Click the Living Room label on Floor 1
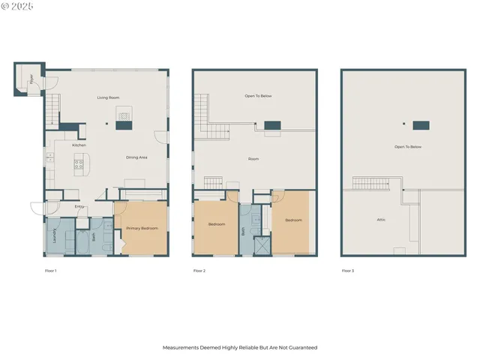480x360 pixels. (109, 97)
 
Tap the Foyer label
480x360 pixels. (31, 79)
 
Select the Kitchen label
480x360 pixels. (79, 145)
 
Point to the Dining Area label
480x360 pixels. (136, 157)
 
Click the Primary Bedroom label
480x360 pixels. (142, 228)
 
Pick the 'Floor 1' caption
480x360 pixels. (50, 270)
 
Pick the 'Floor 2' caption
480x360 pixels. (199, 270)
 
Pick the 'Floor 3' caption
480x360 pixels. (347, 270)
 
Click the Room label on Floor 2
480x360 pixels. (253, 159)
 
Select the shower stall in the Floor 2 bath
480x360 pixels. (262, 246)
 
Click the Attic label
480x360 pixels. (381, 220)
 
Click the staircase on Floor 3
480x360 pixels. (371, 184)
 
